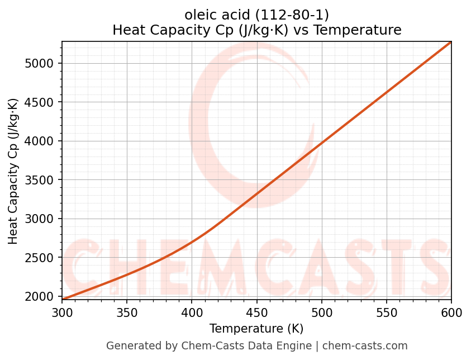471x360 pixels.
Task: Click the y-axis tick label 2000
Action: click(x=42, y=296)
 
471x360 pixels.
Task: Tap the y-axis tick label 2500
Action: click(x=42, y=258)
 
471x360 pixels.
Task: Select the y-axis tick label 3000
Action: click(x=42, y=219)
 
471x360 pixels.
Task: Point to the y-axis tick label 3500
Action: click(x=42, y=180)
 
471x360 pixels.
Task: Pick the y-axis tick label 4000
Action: click(x=42, y=141)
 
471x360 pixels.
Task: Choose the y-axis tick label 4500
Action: click(x=42, y=102)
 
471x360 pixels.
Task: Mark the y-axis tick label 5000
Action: click(x=42, y=63)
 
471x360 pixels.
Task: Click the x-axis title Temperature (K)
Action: click(x=256, y=329)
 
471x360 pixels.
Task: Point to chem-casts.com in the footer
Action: click(x=364, y=346)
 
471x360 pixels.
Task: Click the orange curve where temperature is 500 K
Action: click(x=321, y=143)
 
